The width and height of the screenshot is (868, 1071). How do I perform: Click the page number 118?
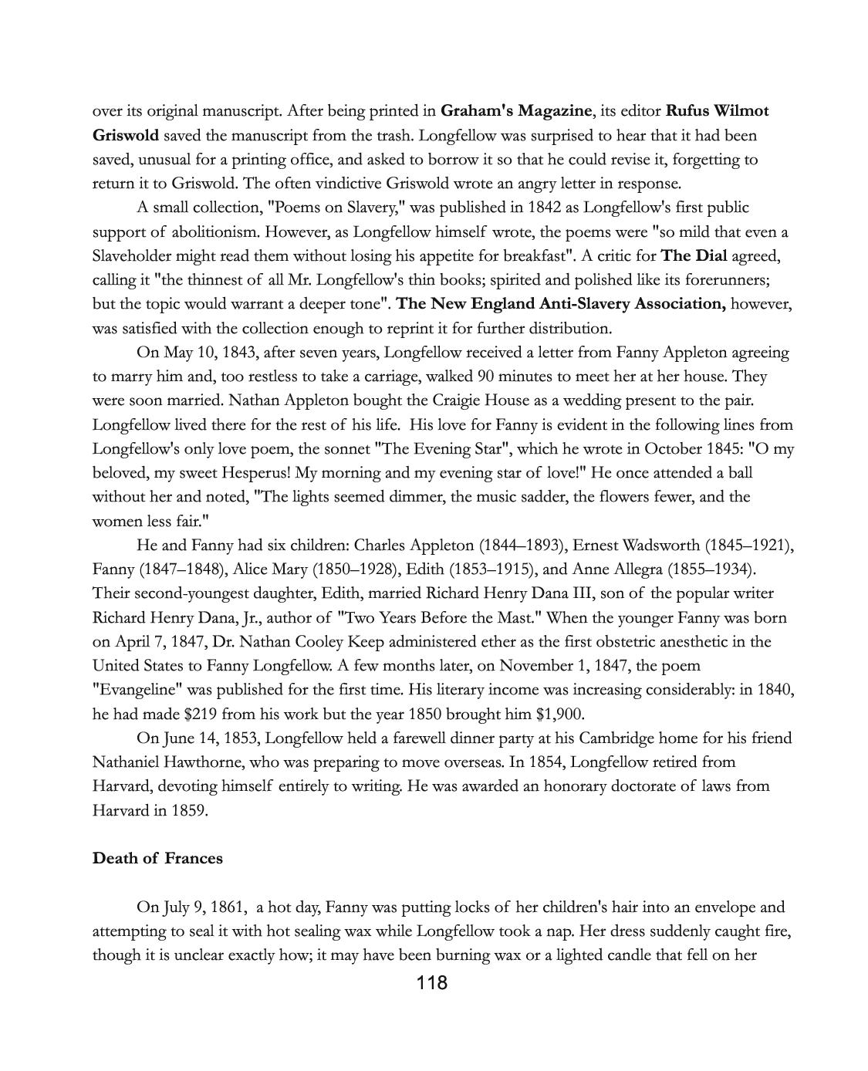click(x=431, y=983)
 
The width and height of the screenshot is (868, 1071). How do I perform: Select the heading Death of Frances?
click(x=157, y=859)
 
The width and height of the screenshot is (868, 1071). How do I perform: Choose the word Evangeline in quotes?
click(x=134, y=690)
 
